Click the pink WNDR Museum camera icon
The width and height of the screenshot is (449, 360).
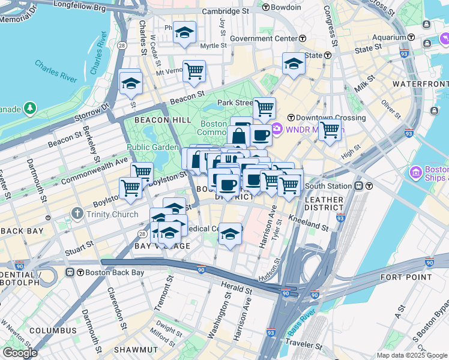(x=277, y=128)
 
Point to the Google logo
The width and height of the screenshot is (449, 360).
(x=20, y=352)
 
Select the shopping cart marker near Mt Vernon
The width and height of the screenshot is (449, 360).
(x=194, y=71)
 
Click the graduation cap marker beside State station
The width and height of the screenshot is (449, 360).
(x=294, y=63)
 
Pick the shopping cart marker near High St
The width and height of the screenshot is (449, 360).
(x=330, y=128)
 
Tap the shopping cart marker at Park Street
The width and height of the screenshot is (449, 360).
(x=264, y=108)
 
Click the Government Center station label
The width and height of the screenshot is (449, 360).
(x=264, y=38)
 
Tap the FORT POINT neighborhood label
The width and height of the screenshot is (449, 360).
(x=406, y=277)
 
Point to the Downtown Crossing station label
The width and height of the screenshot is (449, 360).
(x=330, y=118)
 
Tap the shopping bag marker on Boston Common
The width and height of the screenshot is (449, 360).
(x=238, y=136)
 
